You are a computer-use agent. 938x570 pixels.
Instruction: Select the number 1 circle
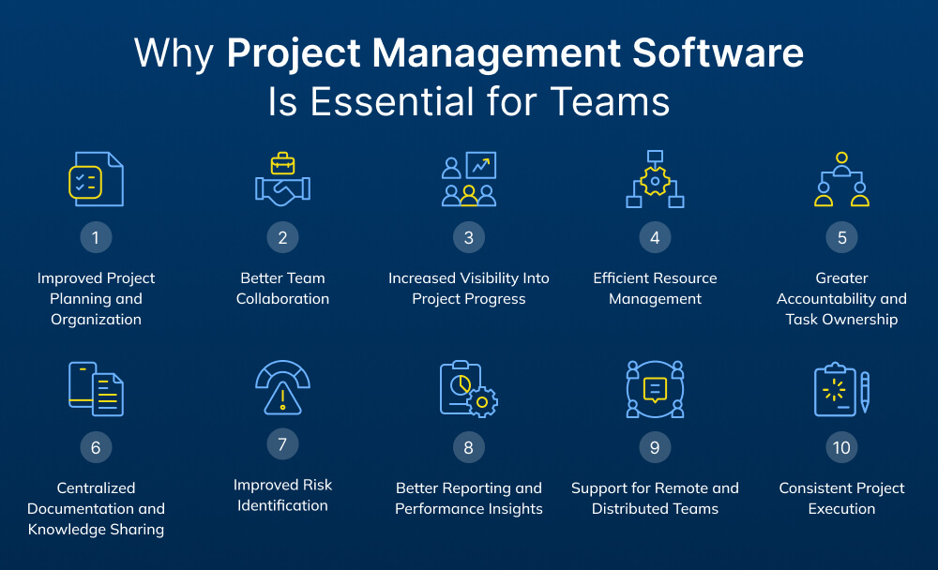pos(96,237)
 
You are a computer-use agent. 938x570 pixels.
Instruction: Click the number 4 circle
pos(655,237)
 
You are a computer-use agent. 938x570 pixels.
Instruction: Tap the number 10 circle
pos(841,447)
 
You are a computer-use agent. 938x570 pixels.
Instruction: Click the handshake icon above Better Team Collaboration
pos(282,188)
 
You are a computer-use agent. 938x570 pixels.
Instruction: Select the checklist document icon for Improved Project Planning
pos(96,180)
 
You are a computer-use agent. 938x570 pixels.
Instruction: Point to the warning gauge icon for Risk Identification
pos(282,389)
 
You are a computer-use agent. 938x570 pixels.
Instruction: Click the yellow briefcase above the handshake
pos(282,164)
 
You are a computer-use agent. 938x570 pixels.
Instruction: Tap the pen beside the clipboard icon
pos(864,391)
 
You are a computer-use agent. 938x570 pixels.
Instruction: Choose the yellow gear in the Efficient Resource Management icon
pos(655,181)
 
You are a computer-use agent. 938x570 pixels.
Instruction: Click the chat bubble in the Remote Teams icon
pos(655,388)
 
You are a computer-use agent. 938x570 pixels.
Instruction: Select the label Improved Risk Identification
pos(282,495)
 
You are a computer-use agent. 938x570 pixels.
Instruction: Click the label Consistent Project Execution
pos(841,498)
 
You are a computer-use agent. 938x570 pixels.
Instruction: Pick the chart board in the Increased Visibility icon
pos(480,166)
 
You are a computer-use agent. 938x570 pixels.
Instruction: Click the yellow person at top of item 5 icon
pos(841,159)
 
